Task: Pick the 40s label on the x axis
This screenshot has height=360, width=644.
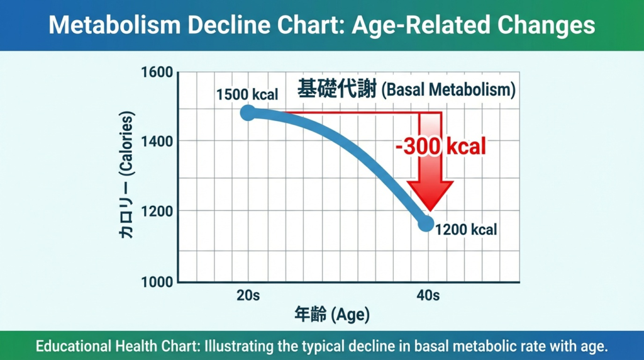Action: click(427, 295)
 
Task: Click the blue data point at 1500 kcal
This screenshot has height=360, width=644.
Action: click(248, 113)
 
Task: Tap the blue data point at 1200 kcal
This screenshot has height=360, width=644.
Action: click(426, 223)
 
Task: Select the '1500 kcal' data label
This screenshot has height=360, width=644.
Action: click(247, 95)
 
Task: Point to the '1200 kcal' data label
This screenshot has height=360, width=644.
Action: click(466, 229)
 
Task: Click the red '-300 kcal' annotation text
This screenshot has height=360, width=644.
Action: click(441, 147)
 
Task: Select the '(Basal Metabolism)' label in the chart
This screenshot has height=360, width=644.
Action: click(448, 91)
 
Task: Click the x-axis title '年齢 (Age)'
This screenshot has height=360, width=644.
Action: click(331, 314)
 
